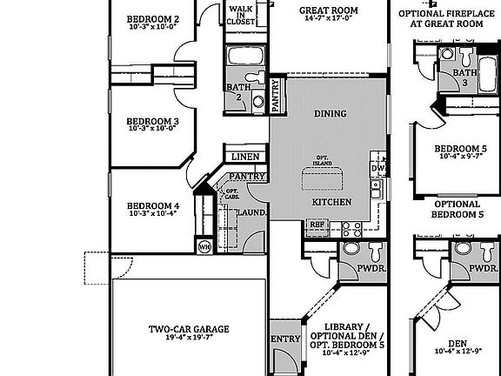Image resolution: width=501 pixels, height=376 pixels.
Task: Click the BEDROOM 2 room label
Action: click(x=153, y=19)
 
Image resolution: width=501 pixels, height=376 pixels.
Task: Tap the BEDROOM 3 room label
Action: click(x=152, y=121)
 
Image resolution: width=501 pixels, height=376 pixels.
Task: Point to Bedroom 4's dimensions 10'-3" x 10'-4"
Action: click(x=152, y=212)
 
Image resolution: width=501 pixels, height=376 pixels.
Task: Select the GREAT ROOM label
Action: click(x=330, y=11)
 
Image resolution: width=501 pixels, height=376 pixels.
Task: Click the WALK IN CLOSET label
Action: click(x=240, y=17)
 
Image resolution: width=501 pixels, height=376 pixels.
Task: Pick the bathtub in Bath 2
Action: click(x=245, y=58)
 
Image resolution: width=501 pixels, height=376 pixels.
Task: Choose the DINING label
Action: click(x=330, y=113)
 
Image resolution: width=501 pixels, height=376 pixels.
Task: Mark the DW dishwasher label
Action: click(x=377, y=168)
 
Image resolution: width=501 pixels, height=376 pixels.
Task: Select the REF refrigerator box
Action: click(x=317, y=224)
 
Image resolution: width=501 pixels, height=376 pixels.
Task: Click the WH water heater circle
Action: click(x=204, y=246)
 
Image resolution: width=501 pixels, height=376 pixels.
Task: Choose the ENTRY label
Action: click(x=285, y=339)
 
